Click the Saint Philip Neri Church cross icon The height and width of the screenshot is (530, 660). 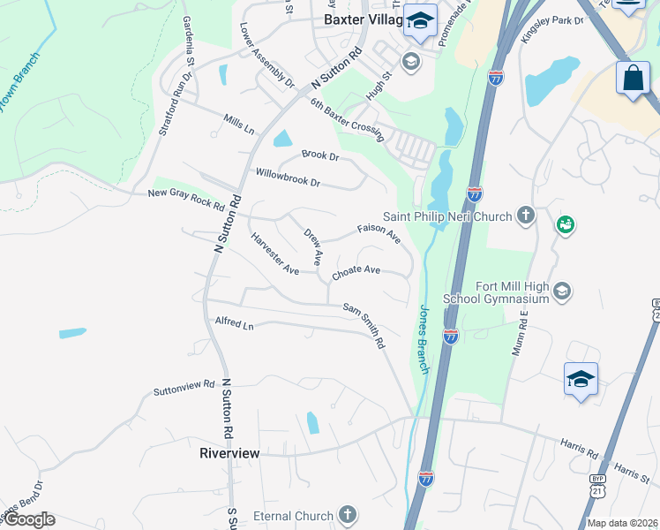pos(526,215)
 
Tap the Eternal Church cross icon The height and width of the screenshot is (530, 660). pos(348,514)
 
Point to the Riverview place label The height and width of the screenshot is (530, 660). pos(229,453)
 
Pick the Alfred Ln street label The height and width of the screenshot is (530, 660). pos(234,324)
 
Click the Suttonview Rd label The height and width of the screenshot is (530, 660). pos(184,387)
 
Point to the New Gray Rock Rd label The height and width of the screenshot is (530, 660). pos(186,199)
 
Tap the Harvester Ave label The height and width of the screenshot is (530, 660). pos(274,254)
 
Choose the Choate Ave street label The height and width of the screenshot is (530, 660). pos(356,273)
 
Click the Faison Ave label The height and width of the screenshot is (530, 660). pos(379,233)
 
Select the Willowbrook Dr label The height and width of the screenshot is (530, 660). pos(288,177)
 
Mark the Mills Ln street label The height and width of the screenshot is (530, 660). pos(238,124)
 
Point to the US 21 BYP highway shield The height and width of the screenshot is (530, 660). pos(655,312)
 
